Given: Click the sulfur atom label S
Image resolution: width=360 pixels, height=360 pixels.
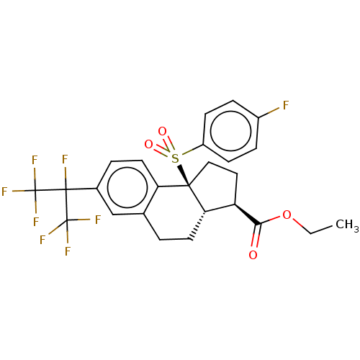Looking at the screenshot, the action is click(175, 158).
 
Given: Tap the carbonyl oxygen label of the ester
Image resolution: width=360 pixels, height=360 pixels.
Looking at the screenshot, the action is click(253, 255).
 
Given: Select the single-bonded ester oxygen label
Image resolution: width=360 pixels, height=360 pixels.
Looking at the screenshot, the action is click(287, 215).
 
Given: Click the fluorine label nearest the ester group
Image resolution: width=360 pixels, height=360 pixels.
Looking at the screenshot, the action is click(285, 106).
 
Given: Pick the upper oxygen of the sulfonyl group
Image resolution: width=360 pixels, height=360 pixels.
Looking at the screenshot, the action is click(162, 132).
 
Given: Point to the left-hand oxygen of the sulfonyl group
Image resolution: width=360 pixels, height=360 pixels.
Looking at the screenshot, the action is click(148, 145).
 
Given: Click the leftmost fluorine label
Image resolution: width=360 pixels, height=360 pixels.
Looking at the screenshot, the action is click(4, 192).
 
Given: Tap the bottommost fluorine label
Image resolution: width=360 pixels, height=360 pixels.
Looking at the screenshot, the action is click(68, 251).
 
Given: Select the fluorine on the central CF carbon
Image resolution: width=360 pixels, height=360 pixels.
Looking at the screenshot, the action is click(65, 160).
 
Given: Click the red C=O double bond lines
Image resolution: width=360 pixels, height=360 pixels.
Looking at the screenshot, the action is click(255, 240).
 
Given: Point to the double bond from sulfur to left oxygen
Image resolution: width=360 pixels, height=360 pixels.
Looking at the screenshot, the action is click(161, 152).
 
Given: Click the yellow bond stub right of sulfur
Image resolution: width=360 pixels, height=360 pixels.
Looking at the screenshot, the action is click(186, 153).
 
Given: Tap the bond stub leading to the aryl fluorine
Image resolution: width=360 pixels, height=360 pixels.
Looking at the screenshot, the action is click(274, 111).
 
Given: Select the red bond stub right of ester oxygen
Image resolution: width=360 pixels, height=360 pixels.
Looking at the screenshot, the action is click(297, 222).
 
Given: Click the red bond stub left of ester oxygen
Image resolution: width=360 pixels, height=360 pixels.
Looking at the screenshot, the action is click(274, 218).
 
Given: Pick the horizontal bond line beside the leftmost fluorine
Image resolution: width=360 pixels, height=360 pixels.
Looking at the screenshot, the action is click(17, 191).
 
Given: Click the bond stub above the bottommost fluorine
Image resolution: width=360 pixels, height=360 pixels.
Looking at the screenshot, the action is click(67, 238).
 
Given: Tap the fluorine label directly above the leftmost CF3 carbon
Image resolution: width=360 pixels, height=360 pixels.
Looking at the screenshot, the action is click(34, 161).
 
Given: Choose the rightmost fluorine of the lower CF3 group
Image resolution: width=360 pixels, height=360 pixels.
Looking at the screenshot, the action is click(98, 220).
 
